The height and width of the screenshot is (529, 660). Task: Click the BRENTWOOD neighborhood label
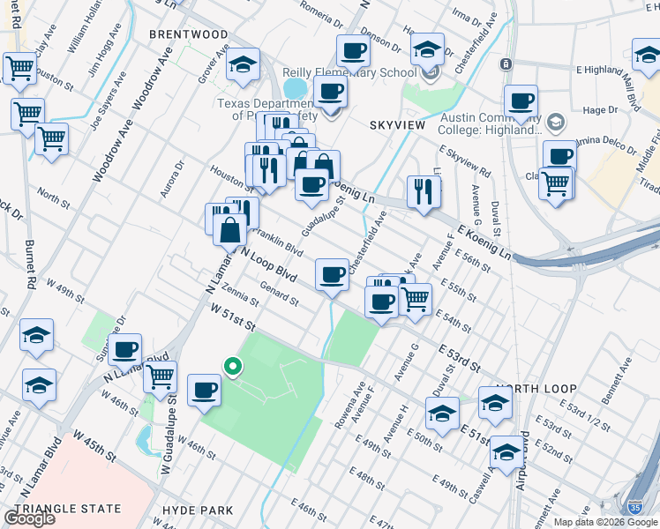click(x=188, y=34)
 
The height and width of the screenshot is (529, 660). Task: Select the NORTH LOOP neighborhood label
click(x=536, y=389)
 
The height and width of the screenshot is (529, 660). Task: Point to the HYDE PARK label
click(x=198, y=510)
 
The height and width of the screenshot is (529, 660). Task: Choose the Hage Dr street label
click(x=601, y=110)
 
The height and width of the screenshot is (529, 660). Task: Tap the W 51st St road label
click(x=233, y=317)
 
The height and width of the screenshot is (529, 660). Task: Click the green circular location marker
click(x=232, y=366)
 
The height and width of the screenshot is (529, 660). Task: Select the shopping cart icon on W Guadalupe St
click(x=160, y=377)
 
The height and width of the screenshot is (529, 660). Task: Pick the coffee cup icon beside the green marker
click(x=205, y=390)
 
